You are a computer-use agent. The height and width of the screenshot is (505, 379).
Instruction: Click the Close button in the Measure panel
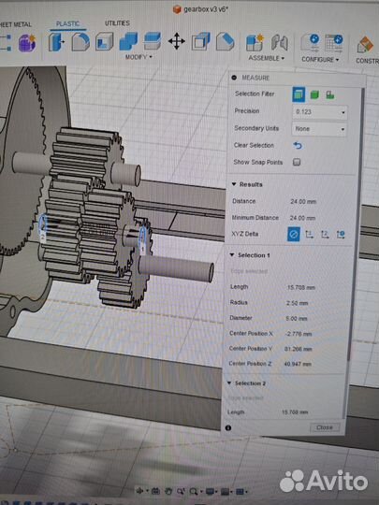(324, 426)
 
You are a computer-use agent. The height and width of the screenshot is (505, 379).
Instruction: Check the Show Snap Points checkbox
(297, 162)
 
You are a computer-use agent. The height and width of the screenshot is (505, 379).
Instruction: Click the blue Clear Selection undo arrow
(298, 145)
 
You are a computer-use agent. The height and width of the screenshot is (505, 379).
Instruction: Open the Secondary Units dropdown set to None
(319, 128)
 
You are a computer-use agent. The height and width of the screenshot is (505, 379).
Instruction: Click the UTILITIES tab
(117, 22)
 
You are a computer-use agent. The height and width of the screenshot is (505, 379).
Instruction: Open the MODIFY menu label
(138, 57)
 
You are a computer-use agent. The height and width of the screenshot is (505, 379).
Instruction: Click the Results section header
(251, 184)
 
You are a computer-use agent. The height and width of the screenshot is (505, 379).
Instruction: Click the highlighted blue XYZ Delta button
(293, 234)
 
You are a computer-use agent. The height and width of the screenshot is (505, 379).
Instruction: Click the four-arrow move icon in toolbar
(175, 41)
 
